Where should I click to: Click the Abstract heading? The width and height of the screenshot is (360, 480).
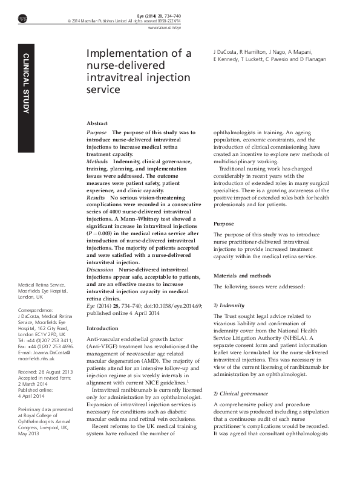[x=97, y=122]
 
